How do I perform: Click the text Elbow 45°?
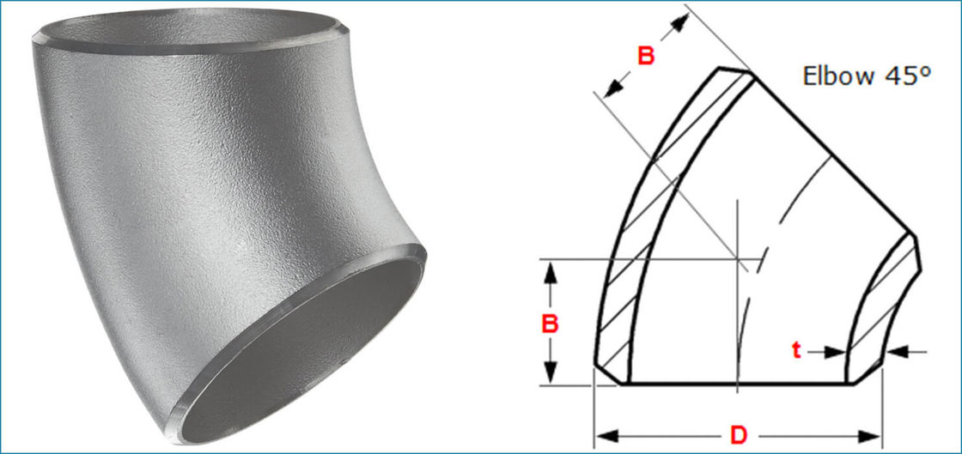coord(867,75)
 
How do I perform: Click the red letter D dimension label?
coord(739,434)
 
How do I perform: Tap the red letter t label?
coord(797,350)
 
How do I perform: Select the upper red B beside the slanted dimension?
coord(646,56)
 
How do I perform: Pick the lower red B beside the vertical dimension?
coord(551,324)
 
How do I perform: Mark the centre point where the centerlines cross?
coord(738,257)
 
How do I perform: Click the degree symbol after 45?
coord(926,68)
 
